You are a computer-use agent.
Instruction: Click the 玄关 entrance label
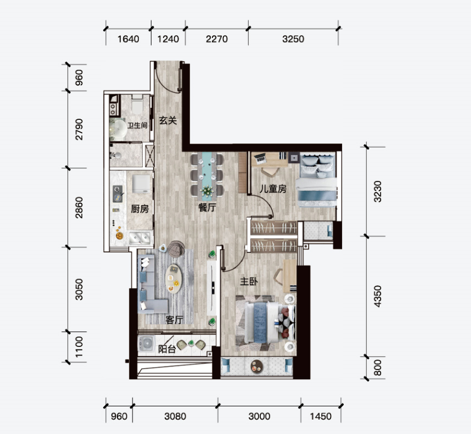point(168,120)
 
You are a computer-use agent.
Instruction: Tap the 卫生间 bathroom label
point(137,126)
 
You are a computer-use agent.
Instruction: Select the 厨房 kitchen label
point(140,209)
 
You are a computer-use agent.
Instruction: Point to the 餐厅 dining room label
point(207,207)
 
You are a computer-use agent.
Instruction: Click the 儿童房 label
point(273,189)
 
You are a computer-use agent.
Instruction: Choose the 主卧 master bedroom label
point(249,281)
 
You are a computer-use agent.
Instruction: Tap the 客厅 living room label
point(174,320)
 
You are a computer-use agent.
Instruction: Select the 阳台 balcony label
point(167,349)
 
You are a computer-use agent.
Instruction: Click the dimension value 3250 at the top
point(293,39)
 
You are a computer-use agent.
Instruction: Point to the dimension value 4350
point(378,296)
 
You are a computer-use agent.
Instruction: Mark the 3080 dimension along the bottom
point(175,416)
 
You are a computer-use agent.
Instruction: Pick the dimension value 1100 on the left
point(79,347)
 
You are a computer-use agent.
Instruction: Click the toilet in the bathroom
point(137,104)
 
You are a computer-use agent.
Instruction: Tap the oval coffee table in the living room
point(174,279)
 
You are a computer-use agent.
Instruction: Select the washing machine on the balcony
point(146,344)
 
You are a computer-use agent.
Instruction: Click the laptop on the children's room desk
point(259,157)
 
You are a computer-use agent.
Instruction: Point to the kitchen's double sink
point(140,238)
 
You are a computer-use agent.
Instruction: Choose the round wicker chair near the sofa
point(175,249)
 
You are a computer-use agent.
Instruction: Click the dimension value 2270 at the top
point(216,39)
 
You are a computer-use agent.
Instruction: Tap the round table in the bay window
point(257,366)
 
